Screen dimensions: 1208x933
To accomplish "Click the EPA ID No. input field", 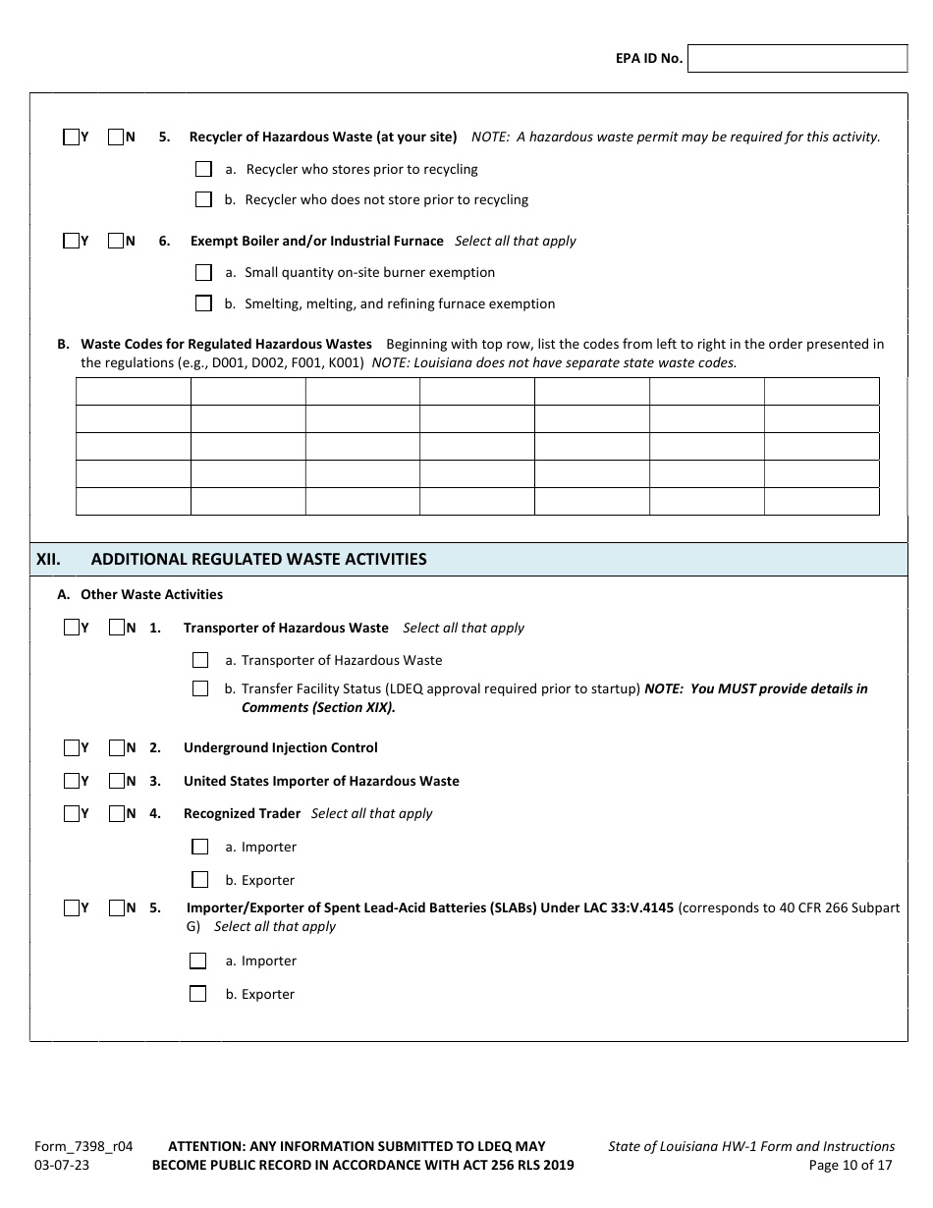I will [797, 59].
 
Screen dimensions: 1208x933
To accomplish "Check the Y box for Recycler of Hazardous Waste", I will [71, 137].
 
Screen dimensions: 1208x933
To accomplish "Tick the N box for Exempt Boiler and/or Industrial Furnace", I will [116, 241].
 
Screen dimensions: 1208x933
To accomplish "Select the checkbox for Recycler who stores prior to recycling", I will [203, 169].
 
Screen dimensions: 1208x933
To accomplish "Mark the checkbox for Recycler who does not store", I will [203, 199].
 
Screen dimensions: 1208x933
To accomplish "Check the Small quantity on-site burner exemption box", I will [203, 272].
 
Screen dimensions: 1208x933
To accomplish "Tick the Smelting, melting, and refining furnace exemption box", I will [203, 303].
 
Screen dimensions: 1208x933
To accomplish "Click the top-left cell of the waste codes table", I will [133, 392].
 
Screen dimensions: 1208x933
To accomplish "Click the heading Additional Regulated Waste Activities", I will [258, 559].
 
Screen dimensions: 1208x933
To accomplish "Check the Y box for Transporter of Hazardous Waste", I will [71, 628].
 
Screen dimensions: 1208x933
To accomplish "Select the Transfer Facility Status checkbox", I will [200, 688].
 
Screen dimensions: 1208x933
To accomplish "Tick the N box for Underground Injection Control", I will [116, 748].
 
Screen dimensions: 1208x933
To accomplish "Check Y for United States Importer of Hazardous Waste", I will [71, 782].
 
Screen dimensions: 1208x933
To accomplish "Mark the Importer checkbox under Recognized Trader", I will [200, 847].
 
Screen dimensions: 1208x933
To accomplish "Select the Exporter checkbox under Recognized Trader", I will [200, 880].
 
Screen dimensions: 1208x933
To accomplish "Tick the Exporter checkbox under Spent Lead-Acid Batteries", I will [197, 994].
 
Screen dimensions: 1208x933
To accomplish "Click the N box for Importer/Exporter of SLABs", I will [116, 908].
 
